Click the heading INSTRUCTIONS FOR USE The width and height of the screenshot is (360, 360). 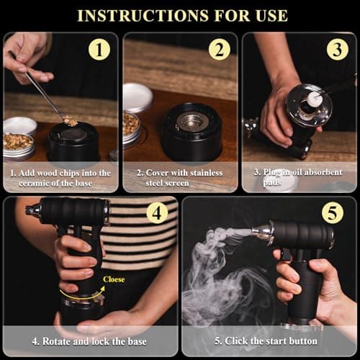pos(181,14)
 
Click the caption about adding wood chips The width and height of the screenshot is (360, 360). pos(60,177)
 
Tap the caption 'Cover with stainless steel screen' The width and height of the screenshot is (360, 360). pos(180,177)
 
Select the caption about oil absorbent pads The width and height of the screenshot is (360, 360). pos(299,177)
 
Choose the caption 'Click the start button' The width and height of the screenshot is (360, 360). pos(269,341)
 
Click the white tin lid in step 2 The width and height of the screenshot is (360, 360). pos(138,96)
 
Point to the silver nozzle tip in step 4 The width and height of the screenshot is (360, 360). pos(32,211)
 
